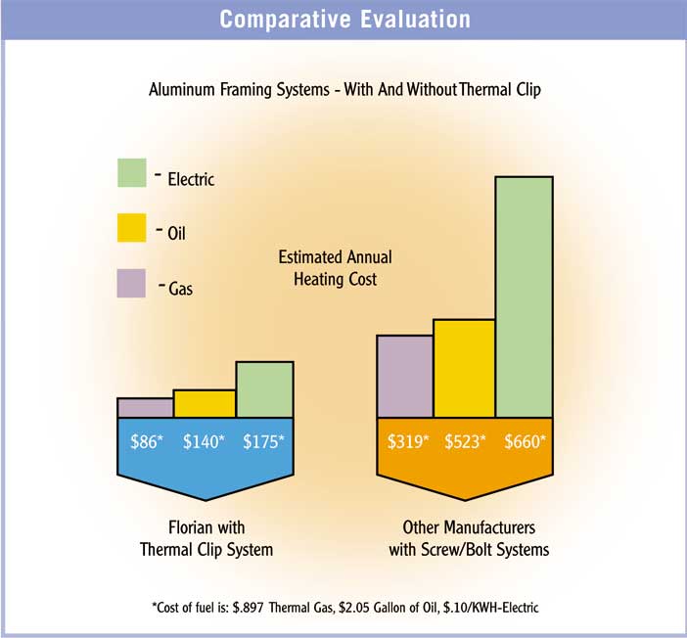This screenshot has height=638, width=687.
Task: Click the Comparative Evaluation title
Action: (343, 20)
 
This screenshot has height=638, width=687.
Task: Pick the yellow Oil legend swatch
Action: (131, 228)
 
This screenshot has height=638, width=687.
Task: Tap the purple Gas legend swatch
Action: (131, 284)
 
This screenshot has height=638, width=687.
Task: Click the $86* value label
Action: (148, 440)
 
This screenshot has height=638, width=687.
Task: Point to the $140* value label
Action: (205, 440)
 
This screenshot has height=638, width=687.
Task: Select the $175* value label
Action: (263, 440)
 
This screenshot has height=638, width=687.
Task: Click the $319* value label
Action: (408, 440)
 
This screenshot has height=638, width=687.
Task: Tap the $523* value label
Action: (467, 440)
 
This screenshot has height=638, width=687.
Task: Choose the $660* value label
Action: (526, 440)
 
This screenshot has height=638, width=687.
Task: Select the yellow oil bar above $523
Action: (464, 368)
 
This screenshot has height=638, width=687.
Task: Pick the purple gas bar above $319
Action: (405, 376)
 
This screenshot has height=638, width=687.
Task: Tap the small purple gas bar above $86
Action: (145, 407)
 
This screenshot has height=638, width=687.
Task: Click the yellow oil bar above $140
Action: (205, 403)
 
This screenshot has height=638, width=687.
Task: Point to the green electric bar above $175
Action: (264, 389)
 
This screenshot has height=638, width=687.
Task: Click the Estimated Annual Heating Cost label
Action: (335, 268)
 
